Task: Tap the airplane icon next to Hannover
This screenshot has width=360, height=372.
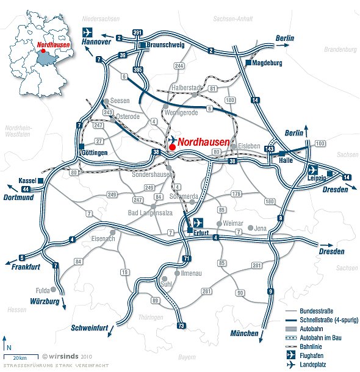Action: pos(88,32)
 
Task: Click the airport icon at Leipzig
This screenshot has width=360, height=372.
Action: pos(314,170)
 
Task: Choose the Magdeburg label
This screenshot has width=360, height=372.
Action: pos(268,63)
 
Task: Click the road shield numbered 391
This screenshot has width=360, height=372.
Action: pos(138,32)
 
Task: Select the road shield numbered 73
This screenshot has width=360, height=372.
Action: pos(181,327)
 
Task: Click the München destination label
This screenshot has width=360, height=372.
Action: pos(245,334)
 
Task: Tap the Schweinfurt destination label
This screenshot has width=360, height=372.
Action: pos(90,327)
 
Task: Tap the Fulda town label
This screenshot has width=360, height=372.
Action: pos(42,290)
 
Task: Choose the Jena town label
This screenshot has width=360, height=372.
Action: pos(261,228)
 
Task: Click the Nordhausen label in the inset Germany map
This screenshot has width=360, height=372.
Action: pos(54,45)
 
